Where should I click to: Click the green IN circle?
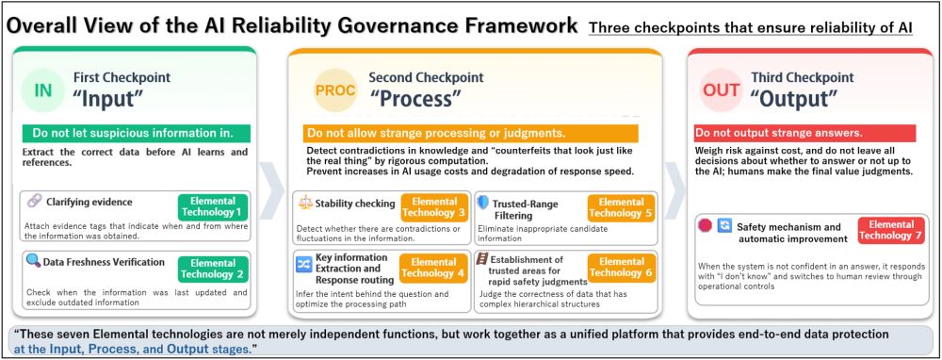[43, 90]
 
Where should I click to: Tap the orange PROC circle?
[335, 90]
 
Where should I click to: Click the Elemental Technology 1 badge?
[213, 206]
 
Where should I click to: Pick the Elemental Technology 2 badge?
[213, 269]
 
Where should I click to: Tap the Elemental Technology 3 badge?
[433, 206]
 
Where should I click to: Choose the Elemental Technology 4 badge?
[433, 268]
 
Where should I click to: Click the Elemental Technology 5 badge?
[621, 206]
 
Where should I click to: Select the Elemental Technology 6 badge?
[621, 268]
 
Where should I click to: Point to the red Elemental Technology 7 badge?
[891, 230]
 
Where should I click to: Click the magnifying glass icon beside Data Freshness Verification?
[34, 261]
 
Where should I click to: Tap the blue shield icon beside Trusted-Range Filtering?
[483, 202]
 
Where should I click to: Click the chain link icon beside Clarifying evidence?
[34, 202]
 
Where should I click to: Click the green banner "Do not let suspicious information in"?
[136, 133]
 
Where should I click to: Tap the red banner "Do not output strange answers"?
[805, 133]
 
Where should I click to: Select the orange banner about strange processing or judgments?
[470, 133]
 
